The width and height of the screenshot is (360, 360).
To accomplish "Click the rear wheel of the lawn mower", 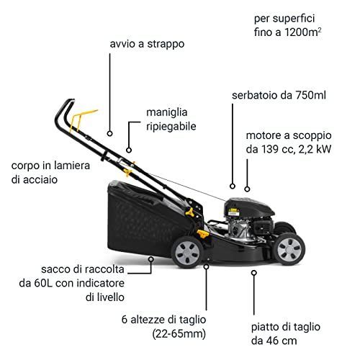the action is (x=187, y=252).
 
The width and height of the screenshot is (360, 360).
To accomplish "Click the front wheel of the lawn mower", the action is (x=289, y=249).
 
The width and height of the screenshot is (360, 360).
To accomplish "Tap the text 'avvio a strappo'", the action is (x=147, y=44).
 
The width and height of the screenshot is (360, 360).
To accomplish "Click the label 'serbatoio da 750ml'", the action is (x=279, y=95).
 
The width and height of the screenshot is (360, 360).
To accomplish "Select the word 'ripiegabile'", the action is (x=171, y=127).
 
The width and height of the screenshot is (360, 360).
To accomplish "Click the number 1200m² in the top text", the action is (x=303, y=32).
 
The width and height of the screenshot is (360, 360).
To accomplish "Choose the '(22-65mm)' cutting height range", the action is (x=179, y=334).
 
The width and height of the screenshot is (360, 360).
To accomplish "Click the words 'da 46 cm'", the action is (x=274, y=341).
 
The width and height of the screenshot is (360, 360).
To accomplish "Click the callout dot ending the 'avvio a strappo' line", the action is (x=110, y=133).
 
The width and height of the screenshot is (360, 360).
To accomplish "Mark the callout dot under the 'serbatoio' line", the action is (x=233, y=186).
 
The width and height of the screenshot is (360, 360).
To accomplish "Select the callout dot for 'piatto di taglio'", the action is (x=254, y=273).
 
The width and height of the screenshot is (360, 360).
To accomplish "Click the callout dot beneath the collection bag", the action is (x=151, y=259).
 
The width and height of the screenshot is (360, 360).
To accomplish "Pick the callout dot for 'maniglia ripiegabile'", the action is (x=129, y=150).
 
